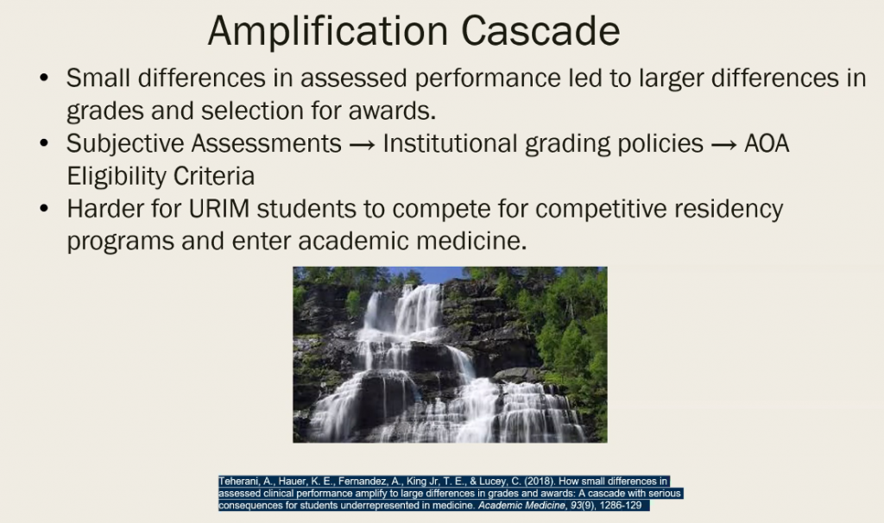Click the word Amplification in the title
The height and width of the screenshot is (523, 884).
pos(328,32)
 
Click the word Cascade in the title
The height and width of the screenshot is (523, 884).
pos(540,31)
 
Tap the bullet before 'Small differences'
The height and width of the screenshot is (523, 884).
pos(45,78)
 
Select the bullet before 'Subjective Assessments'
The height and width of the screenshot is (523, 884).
pos(45,143)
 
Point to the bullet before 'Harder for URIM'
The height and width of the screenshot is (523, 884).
pos(45,209)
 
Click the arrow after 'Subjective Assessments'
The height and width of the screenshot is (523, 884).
pos(362,145)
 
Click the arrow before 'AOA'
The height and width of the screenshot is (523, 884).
pos(723,145)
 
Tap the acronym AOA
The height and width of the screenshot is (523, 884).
pos(767,143)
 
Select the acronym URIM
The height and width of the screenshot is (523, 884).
pos(218,209)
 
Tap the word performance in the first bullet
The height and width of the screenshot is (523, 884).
pos(488,79)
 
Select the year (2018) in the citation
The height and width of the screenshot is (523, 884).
pos(540,482)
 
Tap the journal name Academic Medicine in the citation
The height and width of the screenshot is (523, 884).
pos(521,506)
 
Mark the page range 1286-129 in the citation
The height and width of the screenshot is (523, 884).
pos(622,506)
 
